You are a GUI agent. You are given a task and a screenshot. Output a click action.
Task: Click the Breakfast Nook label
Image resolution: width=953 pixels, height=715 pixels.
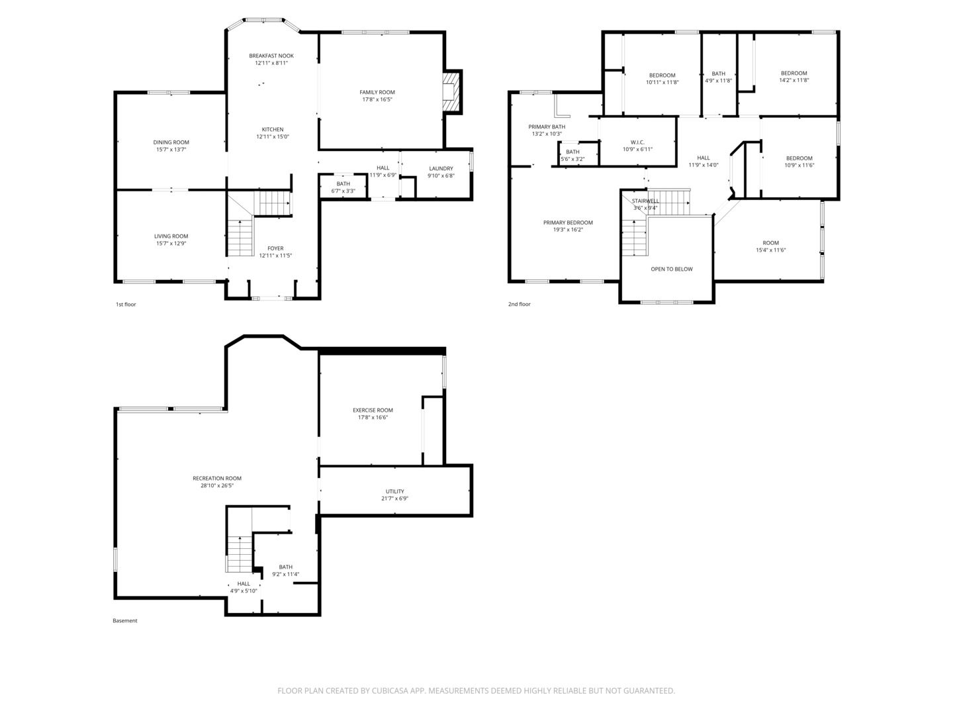tap(271, 56)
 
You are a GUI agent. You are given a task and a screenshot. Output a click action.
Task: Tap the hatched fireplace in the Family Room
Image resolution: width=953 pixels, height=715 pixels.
tap(451, 91)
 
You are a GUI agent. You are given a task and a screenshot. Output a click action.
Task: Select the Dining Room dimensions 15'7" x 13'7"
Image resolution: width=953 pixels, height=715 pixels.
tap(171, 150)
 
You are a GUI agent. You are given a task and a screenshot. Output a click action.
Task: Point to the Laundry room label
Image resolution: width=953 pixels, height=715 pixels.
tap(441, 168)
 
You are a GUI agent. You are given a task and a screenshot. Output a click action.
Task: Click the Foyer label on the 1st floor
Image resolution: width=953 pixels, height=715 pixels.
tap(275, 248)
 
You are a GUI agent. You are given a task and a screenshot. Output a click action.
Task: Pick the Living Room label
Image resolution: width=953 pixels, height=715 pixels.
tap(171, 236)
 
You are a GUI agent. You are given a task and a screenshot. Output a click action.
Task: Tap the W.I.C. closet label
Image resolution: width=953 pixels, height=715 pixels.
tap(637, 142)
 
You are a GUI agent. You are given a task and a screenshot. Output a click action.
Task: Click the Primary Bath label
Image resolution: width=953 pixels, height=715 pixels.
tap(547, 126)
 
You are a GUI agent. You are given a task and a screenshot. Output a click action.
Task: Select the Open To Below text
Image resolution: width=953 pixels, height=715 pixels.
tap(672, 269)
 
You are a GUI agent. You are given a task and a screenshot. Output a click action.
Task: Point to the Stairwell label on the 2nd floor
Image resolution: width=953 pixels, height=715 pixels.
tap(645, 201)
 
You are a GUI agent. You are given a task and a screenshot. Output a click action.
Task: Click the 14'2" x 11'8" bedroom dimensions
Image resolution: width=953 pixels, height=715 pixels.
tap(794, 80)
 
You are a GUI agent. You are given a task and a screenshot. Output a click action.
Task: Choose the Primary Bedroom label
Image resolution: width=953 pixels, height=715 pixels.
tap(568, 222)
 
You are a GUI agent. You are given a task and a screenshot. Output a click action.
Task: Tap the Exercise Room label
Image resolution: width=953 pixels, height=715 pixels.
tap(373, 410)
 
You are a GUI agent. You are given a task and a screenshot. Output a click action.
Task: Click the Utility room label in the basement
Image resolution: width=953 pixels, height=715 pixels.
tap(394, 491)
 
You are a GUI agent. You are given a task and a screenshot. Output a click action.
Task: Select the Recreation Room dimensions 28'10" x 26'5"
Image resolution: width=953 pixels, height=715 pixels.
tap(217, 485)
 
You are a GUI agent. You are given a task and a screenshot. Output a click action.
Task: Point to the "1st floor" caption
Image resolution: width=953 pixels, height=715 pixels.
tap(126, 305)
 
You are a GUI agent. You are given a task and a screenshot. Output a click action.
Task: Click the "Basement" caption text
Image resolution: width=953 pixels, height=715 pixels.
tap(125, 620)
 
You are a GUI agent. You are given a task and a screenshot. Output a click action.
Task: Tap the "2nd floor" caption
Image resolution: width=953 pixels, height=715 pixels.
tap(520, 304)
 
